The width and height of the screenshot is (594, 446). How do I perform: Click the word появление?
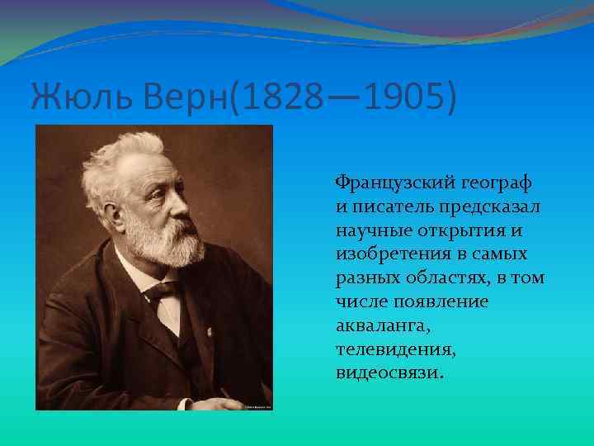click(441, 301)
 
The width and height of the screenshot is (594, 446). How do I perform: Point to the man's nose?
click(185, 197)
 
